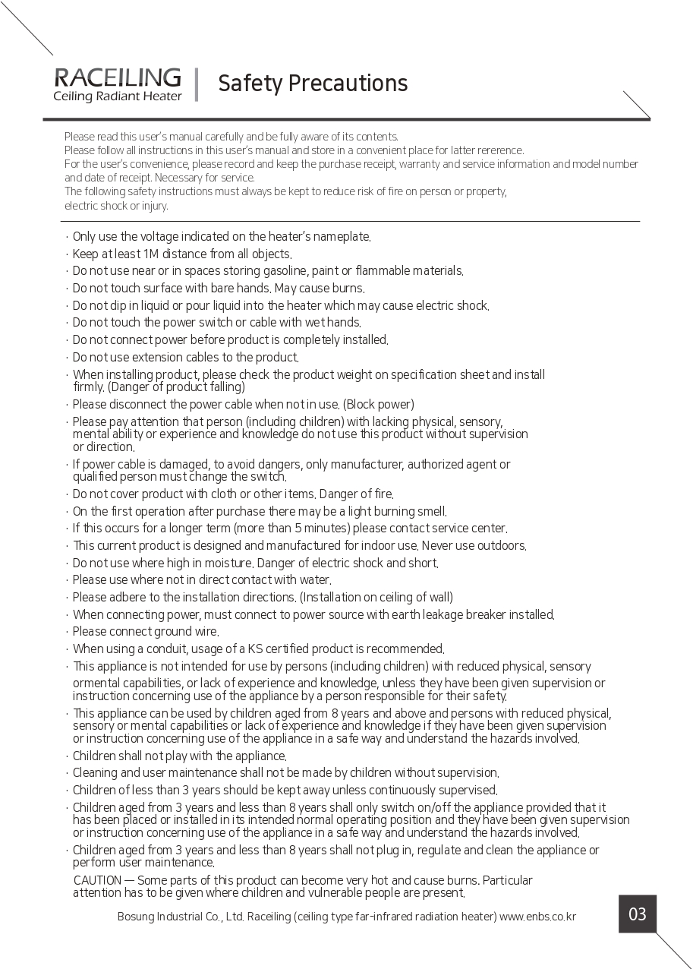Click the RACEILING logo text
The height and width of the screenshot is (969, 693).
click(118, 77)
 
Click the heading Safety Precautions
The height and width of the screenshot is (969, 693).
click(313, 83)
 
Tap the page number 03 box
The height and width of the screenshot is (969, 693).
click(638, 914)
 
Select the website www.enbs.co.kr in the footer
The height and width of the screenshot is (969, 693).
click(538, 917)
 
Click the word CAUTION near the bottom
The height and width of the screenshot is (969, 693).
click(98, 880)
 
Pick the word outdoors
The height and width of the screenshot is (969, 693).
click(501, 545)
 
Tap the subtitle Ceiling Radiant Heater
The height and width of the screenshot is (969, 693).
click(118, 96)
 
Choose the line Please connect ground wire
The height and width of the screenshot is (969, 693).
click(145, 631)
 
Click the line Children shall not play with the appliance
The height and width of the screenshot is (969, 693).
click(179, 756)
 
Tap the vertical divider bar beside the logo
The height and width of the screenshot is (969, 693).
click(197, 84)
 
